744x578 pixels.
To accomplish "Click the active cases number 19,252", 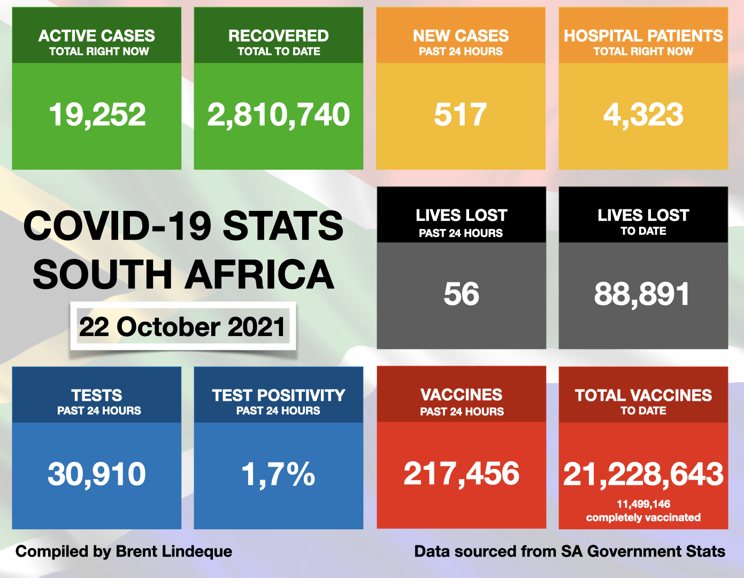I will point(97,115).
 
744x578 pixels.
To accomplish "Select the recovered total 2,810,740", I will point(278,115).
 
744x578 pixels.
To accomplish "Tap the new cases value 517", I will point(461,115).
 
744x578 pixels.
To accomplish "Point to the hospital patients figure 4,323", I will point(643,115).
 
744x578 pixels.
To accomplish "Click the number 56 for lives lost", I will point(461,294).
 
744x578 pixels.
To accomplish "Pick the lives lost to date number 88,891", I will point(642,294).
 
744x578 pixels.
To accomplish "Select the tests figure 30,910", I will point(97,474).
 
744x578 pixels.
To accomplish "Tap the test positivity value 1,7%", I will point(278,474).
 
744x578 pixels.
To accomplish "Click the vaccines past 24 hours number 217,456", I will point(461,474).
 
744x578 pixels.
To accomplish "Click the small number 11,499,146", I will point(643,504).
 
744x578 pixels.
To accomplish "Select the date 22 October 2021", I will point(182,327).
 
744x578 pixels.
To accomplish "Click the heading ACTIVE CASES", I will point(97,36).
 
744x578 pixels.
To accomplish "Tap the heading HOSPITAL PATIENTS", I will point(643,36).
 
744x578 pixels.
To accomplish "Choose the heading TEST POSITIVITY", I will point(278,396).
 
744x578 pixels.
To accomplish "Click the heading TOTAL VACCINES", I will point(643,396).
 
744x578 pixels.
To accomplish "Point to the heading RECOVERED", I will point(278,36).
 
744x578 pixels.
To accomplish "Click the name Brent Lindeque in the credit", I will point(174,551).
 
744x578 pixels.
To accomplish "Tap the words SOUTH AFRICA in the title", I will point(183,275).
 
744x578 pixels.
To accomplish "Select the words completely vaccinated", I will point(643,518).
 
